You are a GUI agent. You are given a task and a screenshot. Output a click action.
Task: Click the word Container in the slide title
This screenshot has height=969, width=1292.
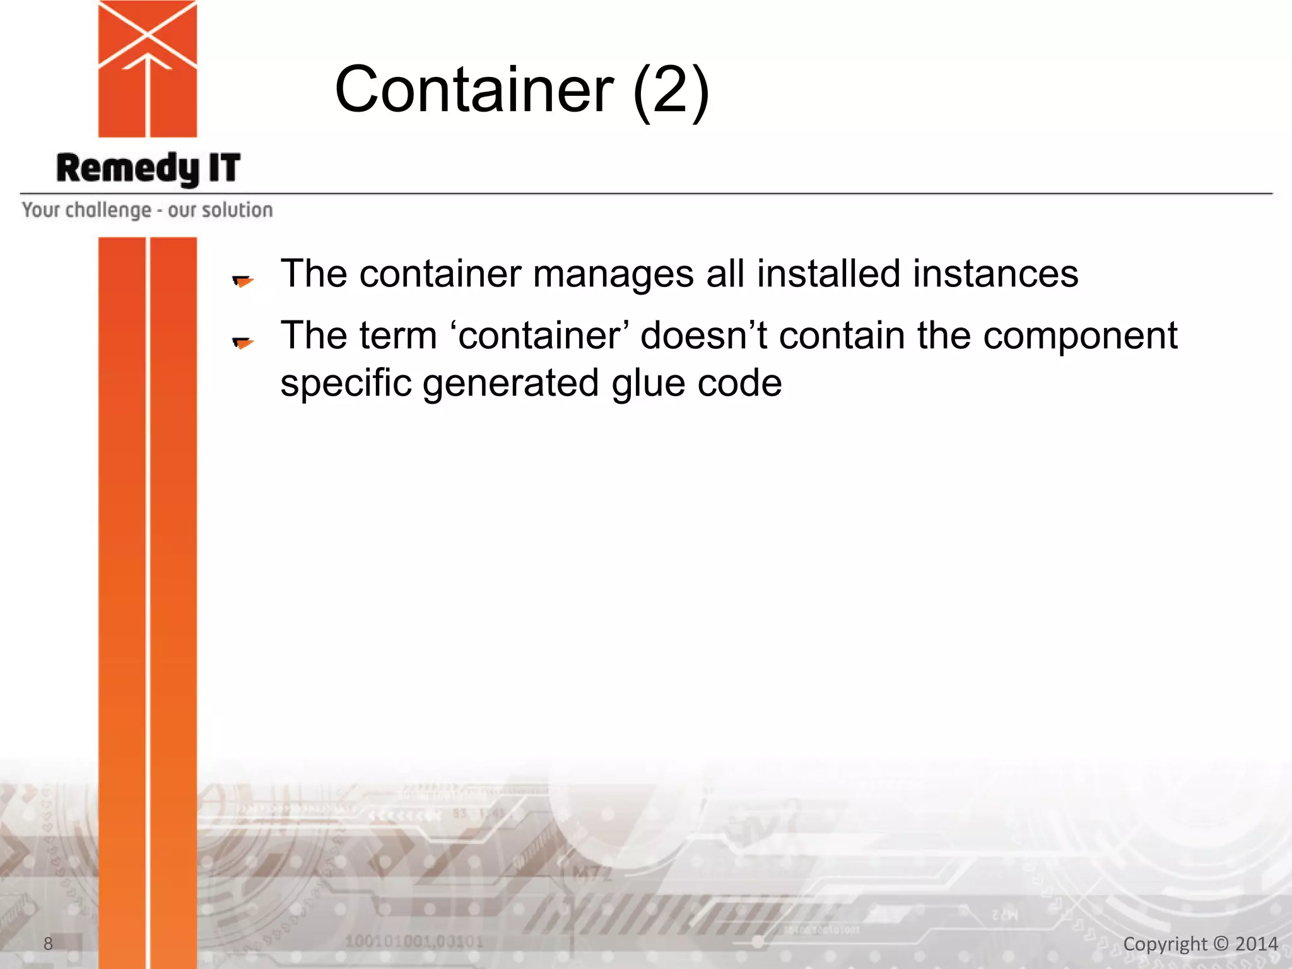(x=474, y=90)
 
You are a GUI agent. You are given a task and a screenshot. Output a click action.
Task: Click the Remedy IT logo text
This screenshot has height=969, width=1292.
(x=148, y=168)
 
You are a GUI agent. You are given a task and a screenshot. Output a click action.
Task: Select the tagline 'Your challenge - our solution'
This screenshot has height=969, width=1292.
(x=148, y=209)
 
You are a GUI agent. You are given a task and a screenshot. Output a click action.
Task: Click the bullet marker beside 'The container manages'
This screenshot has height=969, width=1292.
(x=242, y=281)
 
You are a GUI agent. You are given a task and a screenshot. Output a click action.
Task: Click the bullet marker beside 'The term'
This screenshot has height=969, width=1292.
(x=242, y=343)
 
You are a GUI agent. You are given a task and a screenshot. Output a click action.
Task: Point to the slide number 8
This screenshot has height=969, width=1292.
(x=48, y=944)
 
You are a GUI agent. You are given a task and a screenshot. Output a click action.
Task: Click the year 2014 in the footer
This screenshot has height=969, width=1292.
(x=1256, y=944)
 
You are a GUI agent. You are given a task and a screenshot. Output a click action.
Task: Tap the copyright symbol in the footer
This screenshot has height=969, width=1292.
(x=1221, y=944)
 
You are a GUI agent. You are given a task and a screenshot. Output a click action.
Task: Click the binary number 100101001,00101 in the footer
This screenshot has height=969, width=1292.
(x=414, y=942)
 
